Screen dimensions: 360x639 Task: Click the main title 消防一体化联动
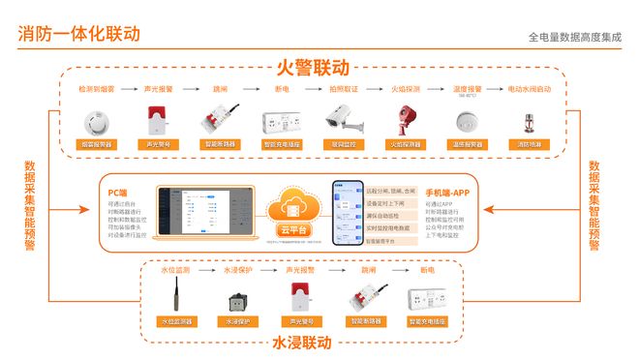[x=79, y=33]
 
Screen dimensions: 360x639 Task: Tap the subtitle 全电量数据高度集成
[x=575, y=37]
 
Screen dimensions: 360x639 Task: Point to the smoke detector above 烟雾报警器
[x=97, y=120]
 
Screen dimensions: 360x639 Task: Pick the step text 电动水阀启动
[x=529, y=89]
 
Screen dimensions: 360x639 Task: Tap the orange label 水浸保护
[x=238, y=320]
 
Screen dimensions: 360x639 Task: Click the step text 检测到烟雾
[x=97, y=89]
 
